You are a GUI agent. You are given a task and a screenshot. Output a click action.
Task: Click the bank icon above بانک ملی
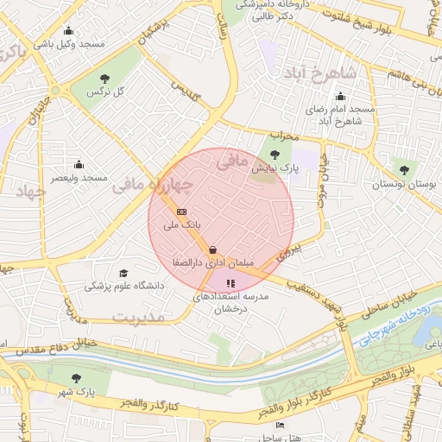click(181, 211)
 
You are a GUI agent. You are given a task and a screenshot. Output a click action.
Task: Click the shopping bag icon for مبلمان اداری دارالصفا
click(213, 249)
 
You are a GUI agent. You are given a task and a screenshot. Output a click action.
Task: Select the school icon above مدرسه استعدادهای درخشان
click(230, 282)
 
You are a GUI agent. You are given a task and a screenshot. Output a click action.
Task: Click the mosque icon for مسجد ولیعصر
click(79, 164)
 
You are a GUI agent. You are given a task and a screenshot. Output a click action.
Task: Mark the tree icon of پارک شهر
click(78, 378)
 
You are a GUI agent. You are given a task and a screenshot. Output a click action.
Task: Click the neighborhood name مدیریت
click(139, 318)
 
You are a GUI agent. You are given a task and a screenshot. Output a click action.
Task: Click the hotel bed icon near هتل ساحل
click(279, 426)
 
